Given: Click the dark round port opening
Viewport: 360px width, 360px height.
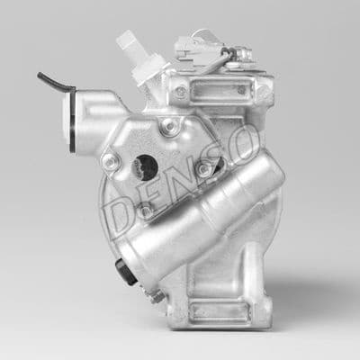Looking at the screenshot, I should tap(145, 166).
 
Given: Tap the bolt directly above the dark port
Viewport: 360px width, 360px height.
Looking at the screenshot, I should tap(168, 128).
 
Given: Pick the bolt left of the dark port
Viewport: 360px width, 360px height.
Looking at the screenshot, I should tap(110, 162).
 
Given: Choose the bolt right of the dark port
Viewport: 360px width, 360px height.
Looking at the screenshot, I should tap(204, 168).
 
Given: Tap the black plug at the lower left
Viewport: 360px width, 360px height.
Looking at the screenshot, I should tap(126, 271).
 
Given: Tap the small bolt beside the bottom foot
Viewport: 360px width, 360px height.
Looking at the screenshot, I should tap(157, 296).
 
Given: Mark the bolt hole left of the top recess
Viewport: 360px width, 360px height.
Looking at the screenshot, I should tap(180, 92).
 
